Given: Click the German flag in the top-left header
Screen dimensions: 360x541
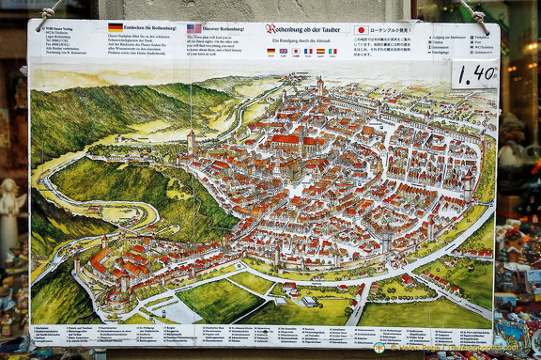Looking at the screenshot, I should click(x=116, y=27).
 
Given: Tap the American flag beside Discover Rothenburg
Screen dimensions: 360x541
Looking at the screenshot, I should click(x=193, y=29).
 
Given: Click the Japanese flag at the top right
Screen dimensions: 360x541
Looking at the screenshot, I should click(x=361, y=30).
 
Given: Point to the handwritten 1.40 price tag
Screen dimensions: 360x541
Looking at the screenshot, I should click(x=474, y=73).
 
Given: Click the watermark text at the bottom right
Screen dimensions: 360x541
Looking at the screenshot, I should click(x=460, y=348).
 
